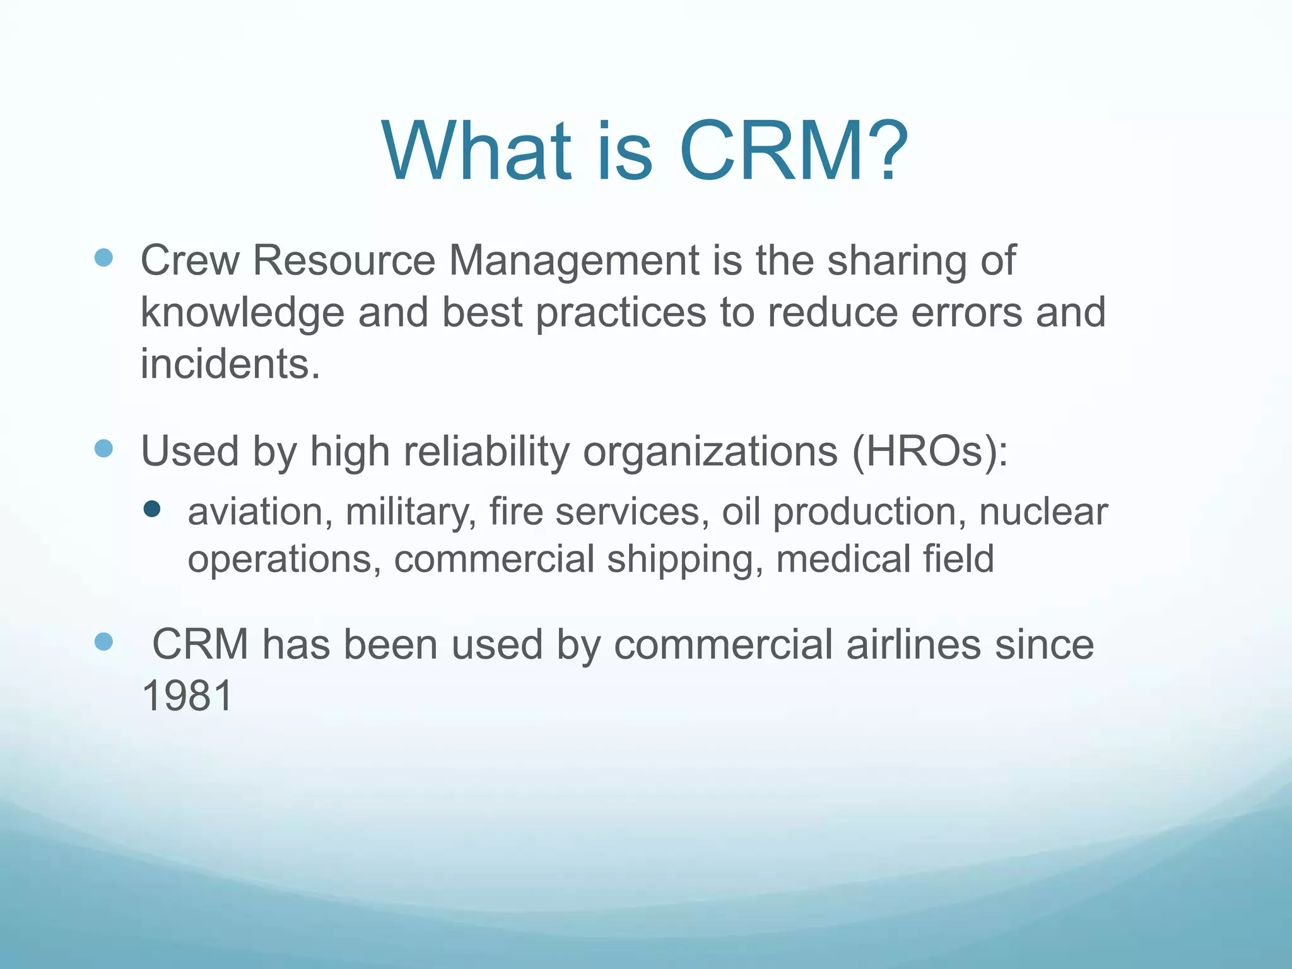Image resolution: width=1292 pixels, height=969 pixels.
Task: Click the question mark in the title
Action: pos(882,151)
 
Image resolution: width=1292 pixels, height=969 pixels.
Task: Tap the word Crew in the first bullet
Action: pos(189,260)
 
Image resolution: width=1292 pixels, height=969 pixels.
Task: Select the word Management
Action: pos(573,260)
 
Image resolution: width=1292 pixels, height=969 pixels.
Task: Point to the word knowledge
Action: pos(242,312)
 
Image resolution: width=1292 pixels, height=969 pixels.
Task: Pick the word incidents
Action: pos(230,364)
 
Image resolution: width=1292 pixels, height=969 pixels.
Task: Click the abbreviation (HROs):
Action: pos(930,452)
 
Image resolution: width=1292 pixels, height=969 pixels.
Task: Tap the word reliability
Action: pos(486,452)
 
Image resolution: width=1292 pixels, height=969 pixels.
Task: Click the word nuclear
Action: pos(1043,511)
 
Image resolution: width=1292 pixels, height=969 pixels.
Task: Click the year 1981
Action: pos(188,696)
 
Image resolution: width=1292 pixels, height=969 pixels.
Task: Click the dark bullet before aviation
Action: pos(152,508)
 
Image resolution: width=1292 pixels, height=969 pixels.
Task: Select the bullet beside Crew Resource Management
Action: pos(103,257)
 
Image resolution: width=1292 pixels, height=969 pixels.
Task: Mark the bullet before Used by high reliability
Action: pos(103,449)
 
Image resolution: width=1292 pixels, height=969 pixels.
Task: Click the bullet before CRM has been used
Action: pos(103,642)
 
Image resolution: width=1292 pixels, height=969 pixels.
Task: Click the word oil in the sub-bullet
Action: pos(741,511)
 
